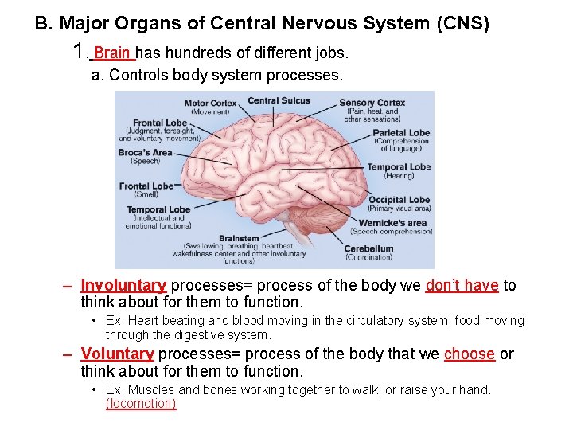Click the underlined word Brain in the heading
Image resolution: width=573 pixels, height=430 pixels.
(112, 53)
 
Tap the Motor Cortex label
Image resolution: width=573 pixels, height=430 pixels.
(210, 104)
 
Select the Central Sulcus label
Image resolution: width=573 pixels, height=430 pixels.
(279, 100)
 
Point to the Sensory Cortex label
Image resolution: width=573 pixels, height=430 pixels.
(372, 103)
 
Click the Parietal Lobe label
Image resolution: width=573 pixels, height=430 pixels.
(401, 133)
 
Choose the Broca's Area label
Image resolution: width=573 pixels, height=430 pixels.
(145, 152)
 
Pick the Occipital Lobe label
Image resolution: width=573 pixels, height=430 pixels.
(399, 200)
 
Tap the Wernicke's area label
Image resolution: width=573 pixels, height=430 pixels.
(392, 223)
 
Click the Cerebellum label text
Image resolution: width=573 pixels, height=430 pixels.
(368, 248)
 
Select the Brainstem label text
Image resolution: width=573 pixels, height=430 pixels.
(239, 238)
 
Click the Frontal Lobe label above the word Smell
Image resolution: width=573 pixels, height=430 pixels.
(146, 186)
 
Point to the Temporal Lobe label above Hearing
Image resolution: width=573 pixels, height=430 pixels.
(399, 167)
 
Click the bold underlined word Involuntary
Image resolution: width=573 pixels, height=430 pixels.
(123, 286)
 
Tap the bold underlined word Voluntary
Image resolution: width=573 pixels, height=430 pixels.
(117, 354)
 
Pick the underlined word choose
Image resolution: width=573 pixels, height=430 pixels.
(469, 354)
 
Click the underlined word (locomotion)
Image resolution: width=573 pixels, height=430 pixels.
(141, 404)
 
